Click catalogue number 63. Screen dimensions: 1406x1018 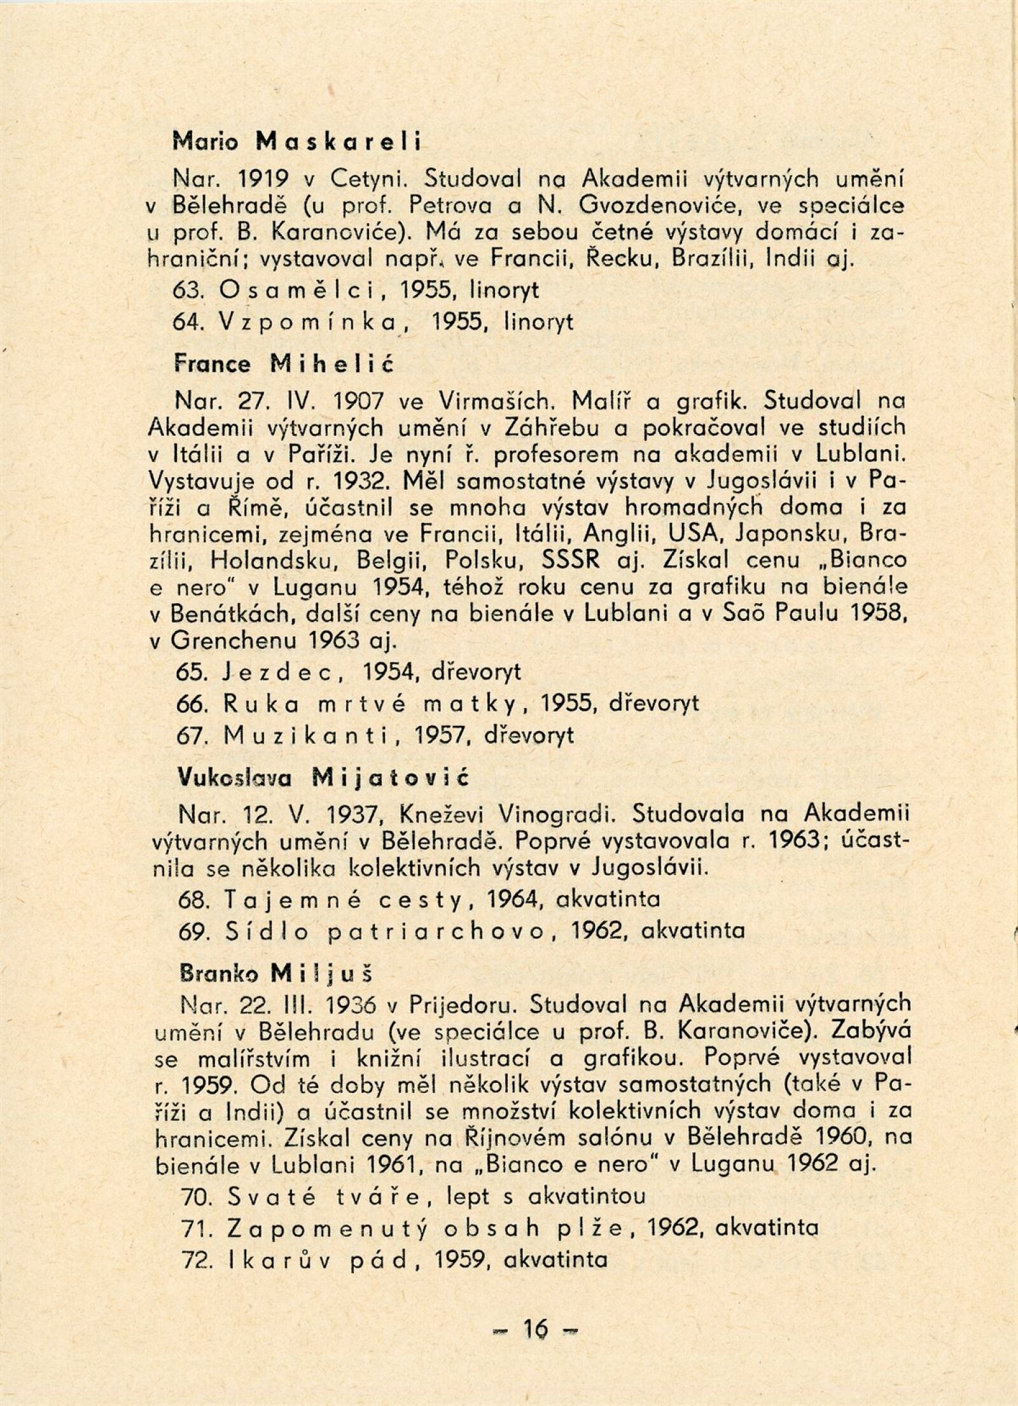[188, 291]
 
